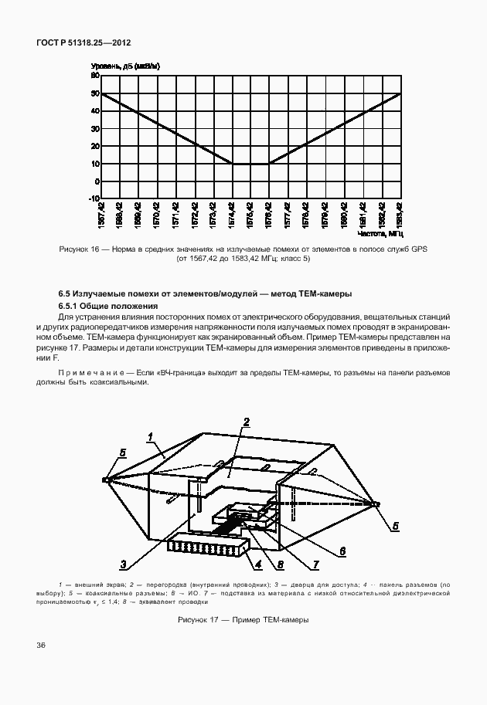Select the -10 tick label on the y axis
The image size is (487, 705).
click(94, 198)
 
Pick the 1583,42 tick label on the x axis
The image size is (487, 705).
click(400, 212)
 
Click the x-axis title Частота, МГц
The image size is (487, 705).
click(380, 232)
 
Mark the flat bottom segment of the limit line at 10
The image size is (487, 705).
click(250, 164)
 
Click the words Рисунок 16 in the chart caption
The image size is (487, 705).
click(80, 249)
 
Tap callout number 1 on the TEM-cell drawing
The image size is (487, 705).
click(152, 436)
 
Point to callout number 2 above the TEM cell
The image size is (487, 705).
click(245, 422)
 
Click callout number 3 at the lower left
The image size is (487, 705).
click(123, 563)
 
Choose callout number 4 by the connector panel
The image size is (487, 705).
click(260, 563)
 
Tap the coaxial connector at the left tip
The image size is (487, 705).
click(105, 480)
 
